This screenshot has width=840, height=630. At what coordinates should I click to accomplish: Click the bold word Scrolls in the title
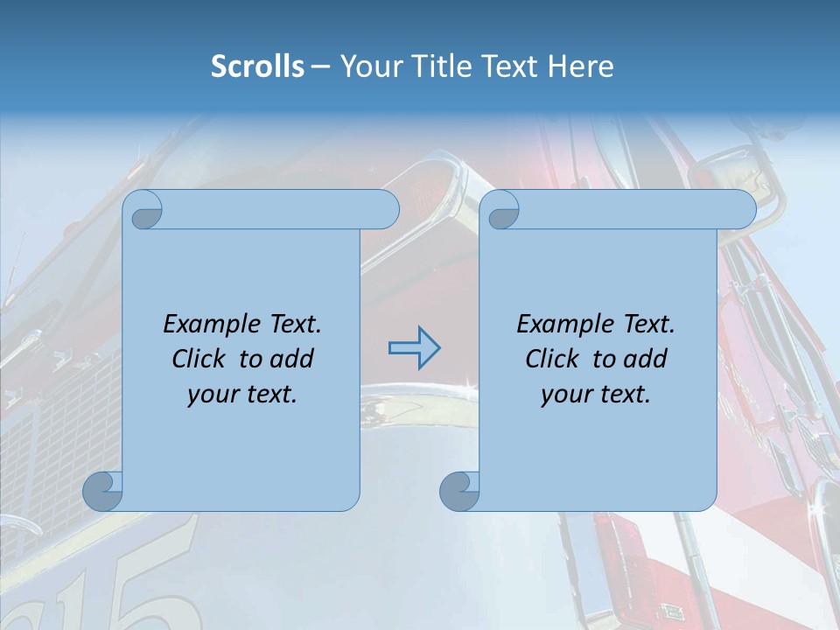pos(258,66)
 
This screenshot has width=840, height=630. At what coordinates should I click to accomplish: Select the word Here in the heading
pos(581,66)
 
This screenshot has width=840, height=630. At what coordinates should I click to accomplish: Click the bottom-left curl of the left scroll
pos(102,490)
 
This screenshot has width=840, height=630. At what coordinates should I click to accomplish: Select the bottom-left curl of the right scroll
pos(459,490)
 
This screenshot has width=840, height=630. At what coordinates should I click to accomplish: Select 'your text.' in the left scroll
pos(242,395)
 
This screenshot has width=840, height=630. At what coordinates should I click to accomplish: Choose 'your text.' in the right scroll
pos(596,395)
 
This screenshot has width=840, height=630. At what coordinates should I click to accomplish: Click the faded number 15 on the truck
pos(114,595)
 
